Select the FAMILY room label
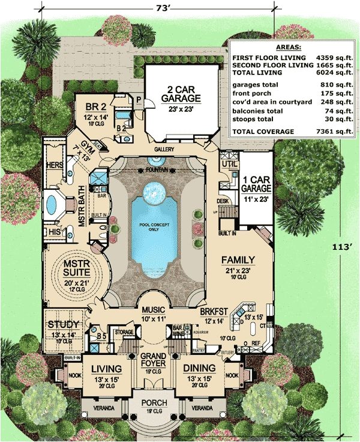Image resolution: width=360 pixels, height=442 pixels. [238, 259]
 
